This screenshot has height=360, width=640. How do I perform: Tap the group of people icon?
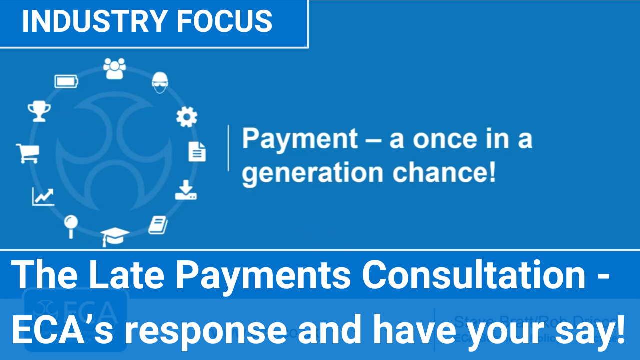[x=115, y=68]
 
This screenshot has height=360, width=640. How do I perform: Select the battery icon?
[x=66, y=81]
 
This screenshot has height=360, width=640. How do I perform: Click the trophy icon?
[x=39, y=111]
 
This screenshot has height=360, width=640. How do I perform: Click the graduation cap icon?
[x=115, y=236]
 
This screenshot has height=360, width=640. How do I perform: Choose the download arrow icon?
[x=186, y=190]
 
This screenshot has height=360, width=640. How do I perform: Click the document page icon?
[x=197, y=151]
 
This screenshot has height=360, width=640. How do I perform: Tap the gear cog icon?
[x=187, y=117]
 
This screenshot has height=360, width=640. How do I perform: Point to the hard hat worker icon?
[x=160, y=82]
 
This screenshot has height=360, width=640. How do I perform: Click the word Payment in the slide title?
[x=300, y=139]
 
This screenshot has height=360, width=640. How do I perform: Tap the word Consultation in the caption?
[x=474, y=275]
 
